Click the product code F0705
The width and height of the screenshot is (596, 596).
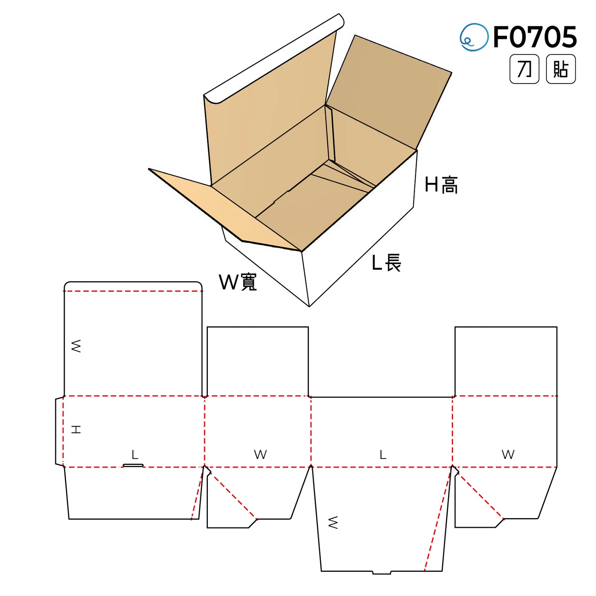tap(535, 37)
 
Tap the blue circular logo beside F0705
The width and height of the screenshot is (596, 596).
tap(474, 37)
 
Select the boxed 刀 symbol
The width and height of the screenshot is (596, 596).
tap(524, 69)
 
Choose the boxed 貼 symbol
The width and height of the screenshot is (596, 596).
tap(561, 69)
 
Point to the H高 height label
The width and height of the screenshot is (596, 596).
tap(441, 185)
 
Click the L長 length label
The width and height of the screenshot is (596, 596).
tap(387, 263)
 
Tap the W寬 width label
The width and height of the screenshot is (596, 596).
tap(238, 282)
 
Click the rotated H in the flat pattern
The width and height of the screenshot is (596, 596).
tap(76, 429)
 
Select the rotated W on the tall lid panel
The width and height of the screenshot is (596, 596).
tap(76, 346)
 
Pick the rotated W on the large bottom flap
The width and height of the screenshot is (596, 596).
tap(333, 522)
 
